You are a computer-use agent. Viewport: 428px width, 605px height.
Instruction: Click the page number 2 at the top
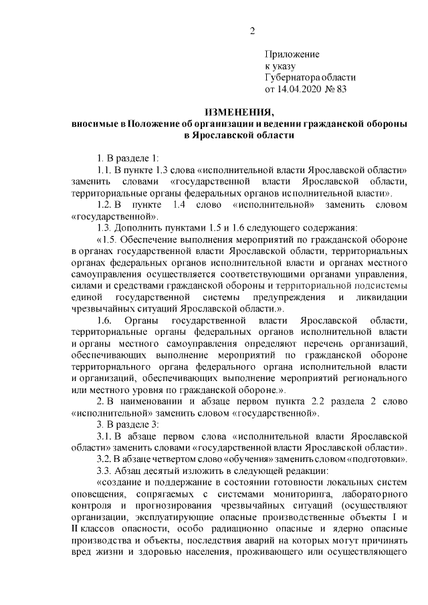point(253,30)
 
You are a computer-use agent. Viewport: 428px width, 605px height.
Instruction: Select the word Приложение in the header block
point(292,54)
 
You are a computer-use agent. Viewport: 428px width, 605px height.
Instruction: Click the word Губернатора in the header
point(294,77)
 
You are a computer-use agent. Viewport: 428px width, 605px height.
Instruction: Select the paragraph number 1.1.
point(105,170)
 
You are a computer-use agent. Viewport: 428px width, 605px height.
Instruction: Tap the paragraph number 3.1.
point(105,435)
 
